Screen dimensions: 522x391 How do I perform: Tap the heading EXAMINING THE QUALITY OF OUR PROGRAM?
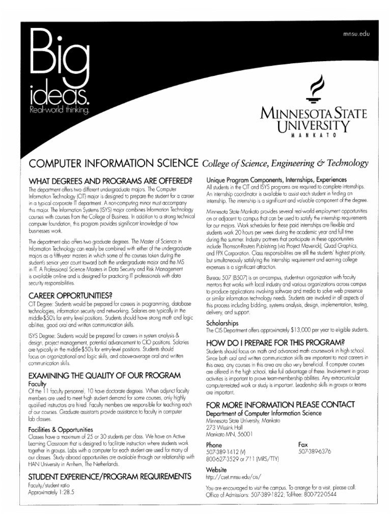tap(104, 375)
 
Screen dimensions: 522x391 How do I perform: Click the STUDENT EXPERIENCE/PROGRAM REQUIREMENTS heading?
tap(109, 476)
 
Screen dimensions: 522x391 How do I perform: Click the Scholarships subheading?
tap(222, 323)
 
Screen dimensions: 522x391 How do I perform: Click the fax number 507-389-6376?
tap(315, 452)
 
